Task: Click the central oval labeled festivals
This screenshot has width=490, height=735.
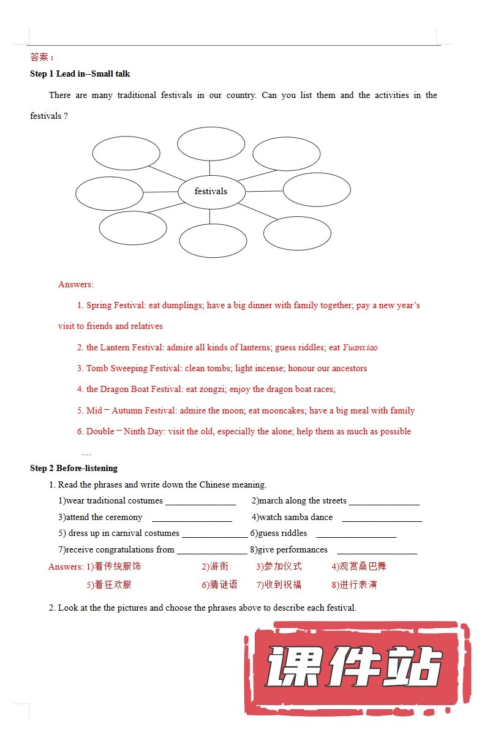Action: click(211, 192)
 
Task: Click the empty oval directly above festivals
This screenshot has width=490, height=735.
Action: click(211, 143)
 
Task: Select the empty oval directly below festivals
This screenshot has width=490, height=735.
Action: click(213, 241)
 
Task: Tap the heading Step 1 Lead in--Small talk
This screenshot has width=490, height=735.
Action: click(80, 73)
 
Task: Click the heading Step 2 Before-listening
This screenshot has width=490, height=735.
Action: click(73, 468)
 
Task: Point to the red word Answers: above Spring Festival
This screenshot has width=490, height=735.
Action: click(76, 284)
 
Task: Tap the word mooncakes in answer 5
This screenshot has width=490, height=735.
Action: click(285, 410)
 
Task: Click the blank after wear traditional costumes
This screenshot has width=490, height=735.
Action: click(200, 502)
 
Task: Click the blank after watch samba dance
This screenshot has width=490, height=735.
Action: click(382, 518)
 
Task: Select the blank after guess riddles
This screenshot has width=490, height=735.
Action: click(356, 534)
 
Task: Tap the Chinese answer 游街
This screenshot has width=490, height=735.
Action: click(219, 567)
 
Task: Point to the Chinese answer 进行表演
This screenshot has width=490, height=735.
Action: click(358, 584)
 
